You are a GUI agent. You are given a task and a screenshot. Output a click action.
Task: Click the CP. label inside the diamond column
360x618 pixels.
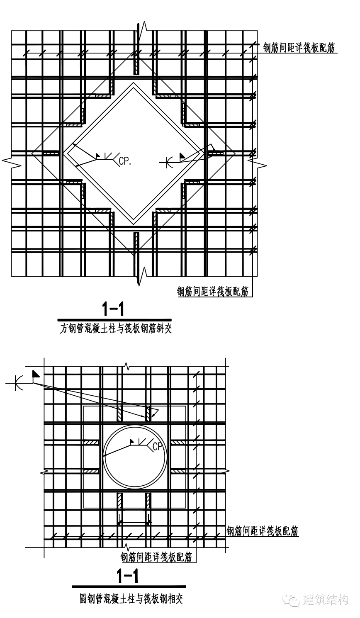coord(125,161)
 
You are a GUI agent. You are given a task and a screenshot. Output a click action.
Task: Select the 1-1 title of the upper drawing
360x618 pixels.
coord(113,309)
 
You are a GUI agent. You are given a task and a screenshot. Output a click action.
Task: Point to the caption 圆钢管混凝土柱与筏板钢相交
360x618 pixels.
coord(131,599)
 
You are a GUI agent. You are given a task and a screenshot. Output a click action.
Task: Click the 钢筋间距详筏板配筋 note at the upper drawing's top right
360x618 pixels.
coord(299,48)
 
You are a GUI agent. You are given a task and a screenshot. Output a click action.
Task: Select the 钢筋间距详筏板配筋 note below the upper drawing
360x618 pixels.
coord(213,291)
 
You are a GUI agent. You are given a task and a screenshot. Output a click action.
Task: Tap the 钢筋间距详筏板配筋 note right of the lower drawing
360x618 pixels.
coord(263,530)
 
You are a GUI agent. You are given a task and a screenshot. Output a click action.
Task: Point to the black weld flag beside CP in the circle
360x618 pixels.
coord(132,441)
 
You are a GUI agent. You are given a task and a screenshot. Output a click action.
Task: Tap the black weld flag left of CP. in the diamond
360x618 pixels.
coord(98,156)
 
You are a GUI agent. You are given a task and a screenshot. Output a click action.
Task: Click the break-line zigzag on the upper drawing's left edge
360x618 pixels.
coord(12,162)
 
